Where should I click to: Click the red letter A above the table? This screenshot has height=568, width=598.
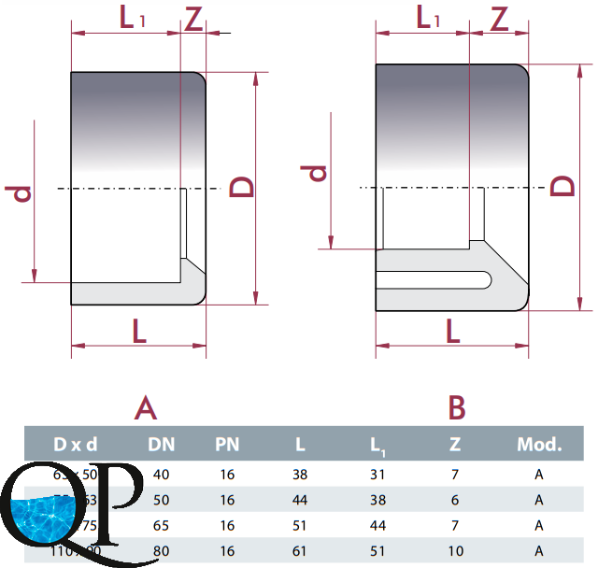[x=146, y=407]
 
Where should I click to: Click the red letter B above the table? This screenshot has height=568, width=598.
[x=457, y=407]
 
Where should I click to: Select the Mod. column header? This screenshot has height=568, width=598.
[x=539, y=443]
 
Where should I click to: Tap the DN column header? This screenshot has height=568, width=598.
[x=162, y=443]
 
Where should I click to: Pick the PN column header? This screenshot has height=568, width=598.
[x=228, y=443]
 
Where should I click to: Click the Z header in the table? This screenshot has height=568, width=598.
[x=457, y=443]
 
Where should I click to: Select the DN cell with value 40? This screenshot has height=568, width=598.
[x=162, y=475]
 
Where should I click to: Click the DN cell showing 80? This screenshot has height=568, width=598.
[x=162, y=551]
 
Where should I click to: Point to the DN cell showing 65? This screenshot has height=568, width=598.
[x=162, y=525]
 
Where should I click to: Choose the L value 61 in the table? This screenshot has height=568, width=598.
[x=300, y=551]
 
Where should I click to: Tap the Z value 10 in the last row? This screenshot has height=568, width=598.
[x=455, y=551]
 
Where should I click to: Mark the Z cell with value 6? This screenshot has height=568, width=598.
[x=455, y=500]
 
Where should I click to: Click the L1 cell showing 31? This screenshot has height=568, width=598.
[x=378, y=475]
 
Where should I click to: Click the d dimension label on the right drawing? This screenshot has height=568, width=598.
[x=316, y=173]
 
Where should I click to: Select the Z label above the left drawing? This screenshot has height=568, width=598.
[x=193, y=19]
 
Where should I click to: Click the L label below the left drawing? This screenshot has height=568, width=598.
[x=139, y=330]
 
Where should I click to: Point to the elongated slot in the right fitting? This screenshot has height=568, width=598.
[x=434, y=278]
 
